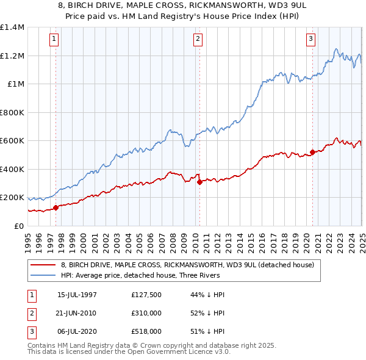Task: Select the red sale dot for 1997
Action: pos(56,207)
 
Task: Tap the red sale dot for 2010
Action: pos(199,182)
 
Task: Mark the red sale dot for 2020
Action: pos(312,153)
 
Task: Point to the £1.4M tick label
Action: pos(12,27)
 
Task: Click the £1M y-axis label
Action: pos(15,84)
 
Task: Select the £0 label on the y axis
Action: pos(18,226)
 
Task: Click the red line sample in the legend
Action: pos(43,265)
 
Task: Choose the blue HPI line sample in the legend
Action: pos(43,275)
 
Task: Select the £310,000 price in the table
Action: pos(146,314)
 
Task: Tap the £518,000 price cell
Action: pos(146,331)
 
